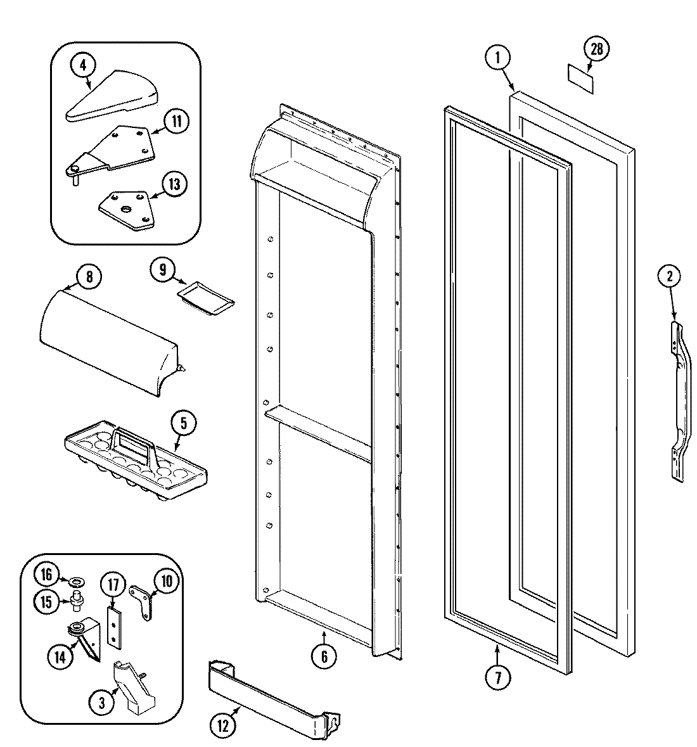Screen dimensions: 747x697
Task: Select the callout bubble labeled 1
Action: point(497,57)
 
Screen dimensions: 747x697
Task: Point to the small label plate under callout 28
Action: point(581,82)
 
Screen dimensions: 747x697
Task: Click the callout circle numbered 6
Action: point(324,657)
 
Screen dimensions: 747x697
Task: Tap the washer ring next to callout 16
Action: point(79,580)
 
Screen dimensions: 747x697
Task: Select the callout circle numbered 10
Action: point(166,581)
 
